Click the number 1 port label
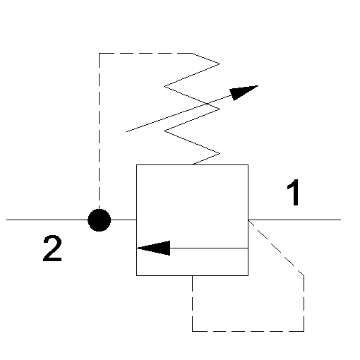tap(294, 192)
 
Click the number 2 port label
tap(52, 248)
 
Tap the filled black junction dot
tap(100, 220)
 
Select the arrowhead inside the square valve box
tap(153, 248)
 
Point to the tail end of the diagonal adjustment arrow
tap(126, 131)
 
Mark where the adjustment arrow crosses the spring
tap(207, 104)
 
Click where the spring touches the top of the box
tap(193, 164)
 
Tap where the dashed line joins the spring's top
tap(193, 54)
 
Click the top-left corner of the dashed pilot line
tap(100, 54)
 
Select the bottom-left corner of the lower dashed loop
tap(193, 331)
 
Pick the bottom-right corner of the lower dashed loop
tap(304, 331)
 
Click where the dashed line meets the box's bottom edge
tap(193, 275)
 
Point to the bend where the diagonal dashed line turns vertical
tap(304, 275)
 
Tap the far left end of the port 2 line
tap(6, 220)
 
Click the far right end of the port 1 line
tap(341, 220)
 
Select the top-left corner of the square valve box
tap(137, 164)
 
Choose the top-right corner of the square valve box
tap(248, 164)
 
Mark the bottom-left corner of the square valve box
tap(137, 275)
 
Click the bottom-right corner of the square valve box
tap(248, 275)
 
